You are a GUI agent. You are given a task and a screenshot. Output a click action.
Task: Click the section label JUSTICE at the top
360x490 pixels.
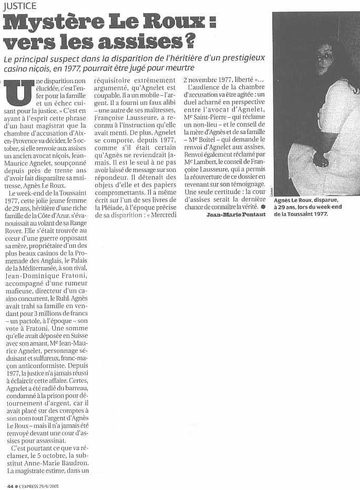coord(19,6)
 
